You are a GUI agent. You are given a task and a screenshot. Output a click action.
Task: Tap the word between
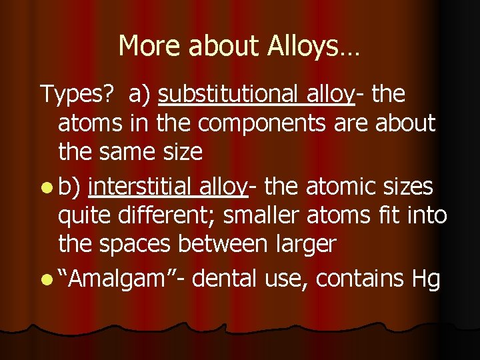click(x=234, y=244)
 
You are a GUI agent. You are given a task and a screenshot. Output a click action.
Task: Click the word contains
click(x=359, y=279)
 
